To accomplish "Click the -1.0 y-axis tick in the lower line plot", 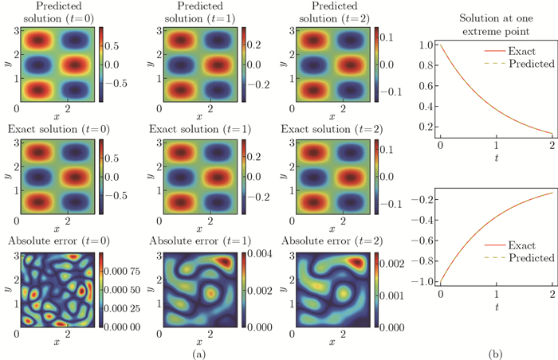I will coord(419,281).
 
